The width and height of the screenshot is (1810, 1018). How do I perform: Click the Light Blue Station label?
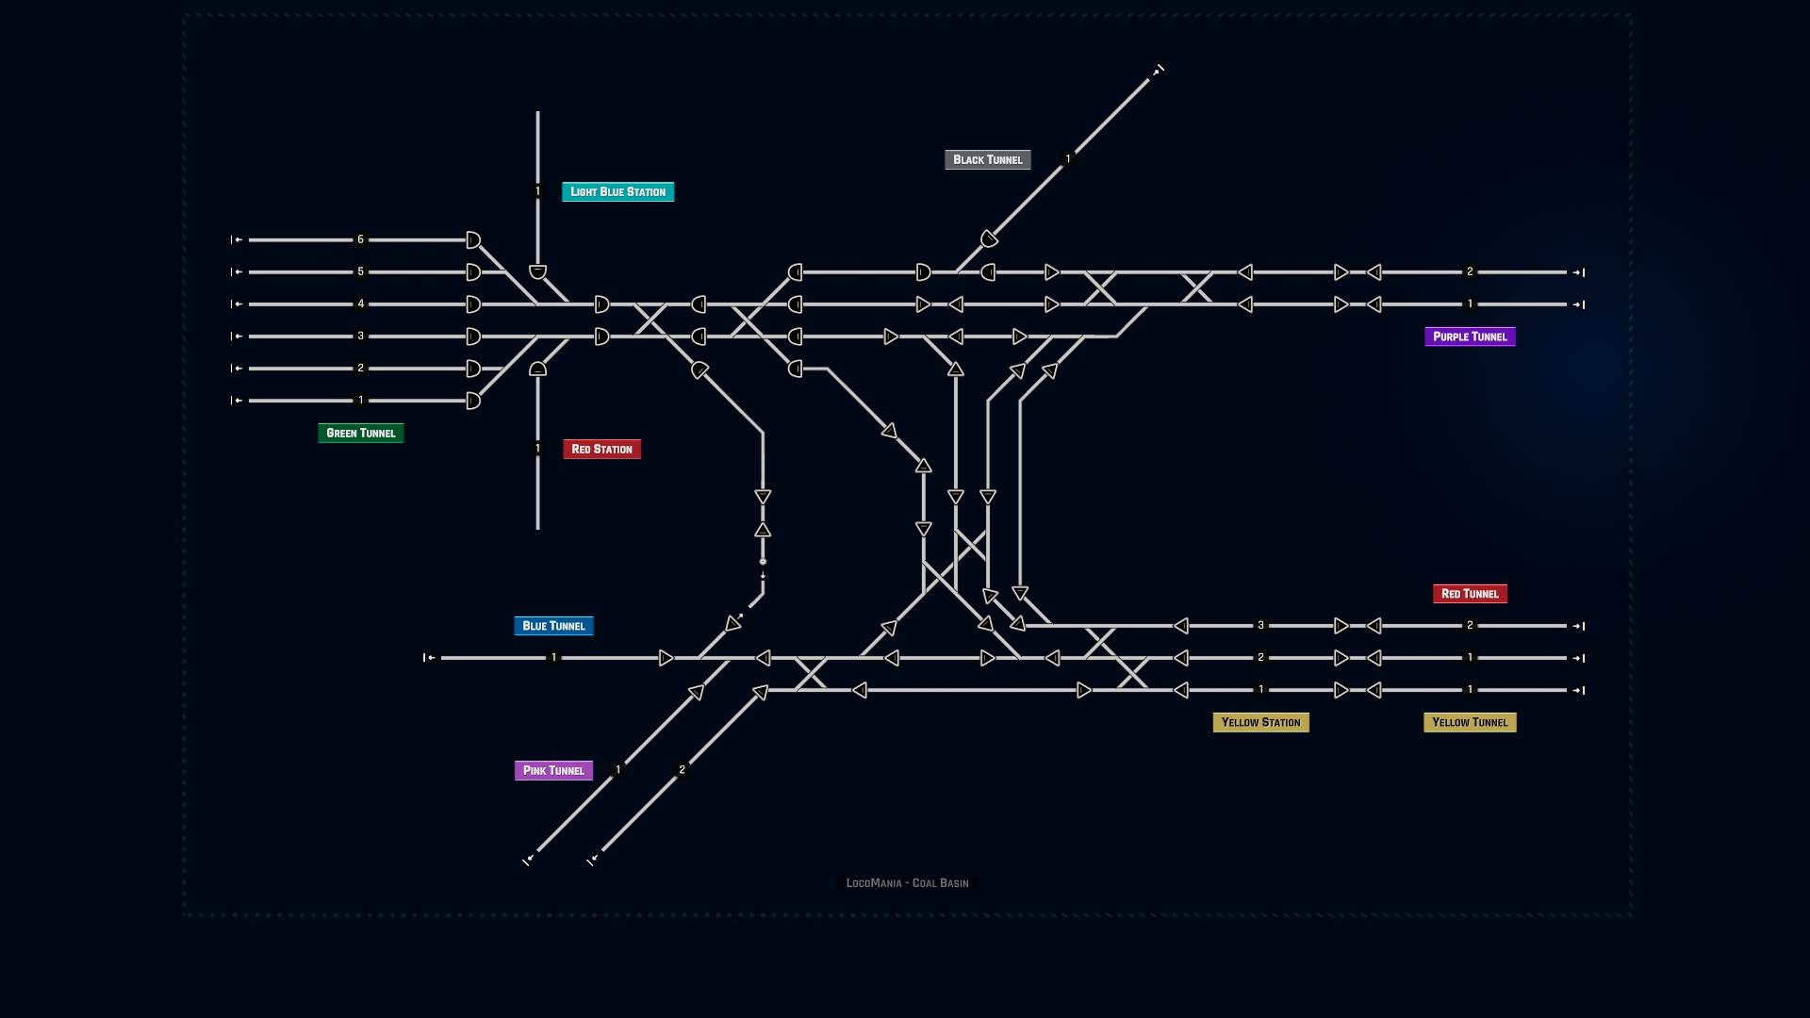tap(617, 191)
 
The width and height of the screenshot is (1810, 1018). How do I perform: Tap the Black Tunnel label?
tap(987, 159)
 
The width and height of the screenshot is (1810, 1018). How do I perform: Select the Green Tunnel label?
tap(360, 433)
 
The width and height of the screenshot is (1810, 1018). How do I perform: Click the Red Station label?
tap(601, 449)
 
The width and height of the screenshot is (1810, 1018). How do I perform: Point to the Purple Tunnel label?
tap(1470, 337)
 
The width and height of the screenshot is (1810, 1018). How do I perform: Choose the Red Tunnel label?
tap(1470, 594)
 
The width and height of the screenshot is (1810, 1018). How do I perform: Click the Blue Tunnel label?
tap(553, 626)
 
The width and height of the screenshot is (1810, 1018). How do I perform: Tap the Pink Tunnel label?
tap(553, 770)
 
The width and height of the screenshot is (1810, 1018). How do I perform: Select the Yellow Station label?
tap(1260, 722)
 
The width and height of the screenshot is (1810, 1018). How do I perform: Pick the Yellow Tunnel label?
tap(1470, 722)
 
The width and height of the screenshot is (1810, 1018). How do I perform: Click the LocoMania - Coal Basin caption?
tap(907, 883)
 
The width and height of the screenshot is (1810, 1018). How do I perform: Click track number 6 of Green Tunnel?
tap(360, 239)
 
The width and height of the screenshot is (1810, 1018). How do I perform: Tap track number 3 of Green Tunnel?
tap(360, 336)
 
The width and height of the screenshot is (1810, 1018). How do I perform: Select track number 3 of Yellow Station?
tap(1260, 625)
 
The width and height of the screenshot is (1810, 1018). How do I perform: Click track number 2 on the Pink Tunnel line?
tap(683, 770)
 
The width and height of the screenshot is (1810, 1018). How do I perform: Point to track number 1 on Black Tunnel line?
tap(1067, 159)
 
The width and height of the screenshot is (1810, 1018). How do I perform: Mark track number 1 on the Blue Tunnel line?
tap(553, 657)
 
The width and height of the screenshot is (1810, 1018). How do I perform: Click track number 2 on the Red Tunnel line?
tap(1470, 625)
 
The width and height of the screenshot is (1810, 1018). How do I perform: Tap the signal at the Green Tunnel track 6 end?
tap(473, 240)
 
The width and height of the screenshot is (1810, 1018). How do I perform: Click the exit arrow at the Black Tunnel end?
tap(1158, 71)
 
